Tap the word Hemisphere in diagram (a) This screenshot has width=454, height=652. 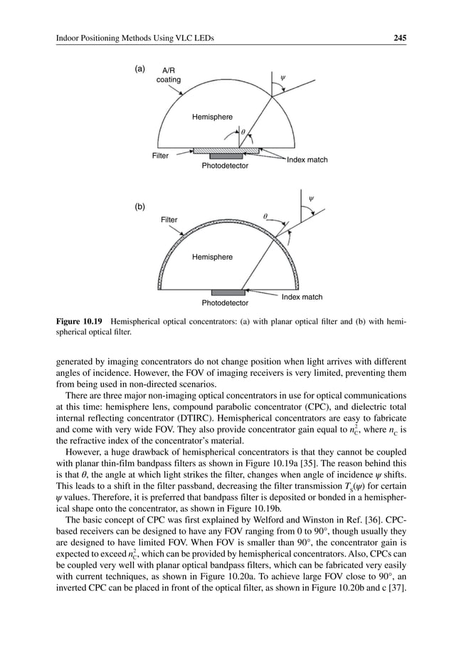coord(212,116)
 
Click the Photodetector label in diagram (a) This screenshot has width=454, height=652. coord(225,165)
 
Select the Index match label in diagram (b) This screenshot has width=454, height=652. coord(302,297)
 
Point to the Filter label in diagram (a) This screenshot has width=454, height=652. coord(161,154)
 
